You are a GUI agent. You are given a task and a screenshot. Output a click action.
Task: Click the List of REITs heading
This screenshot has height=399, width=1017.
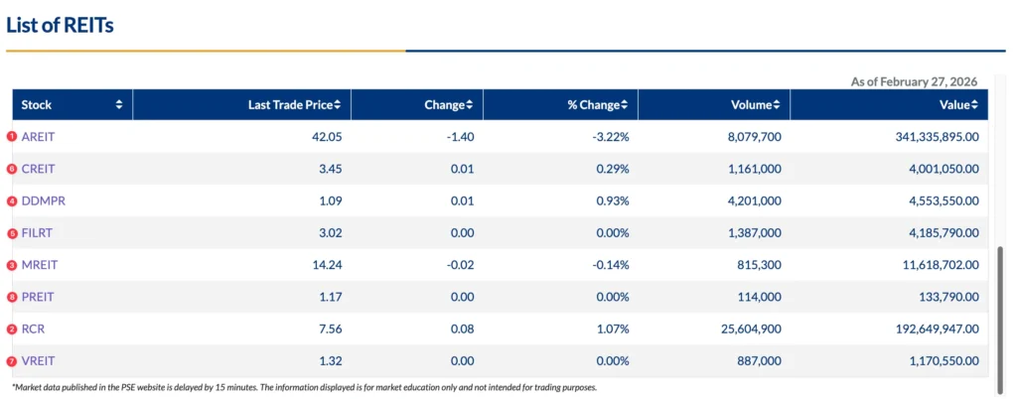tap(60, 26)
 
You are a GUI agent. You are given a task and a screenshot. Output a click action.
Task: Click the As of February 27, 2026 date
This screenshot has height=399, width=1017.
tap(914, 81)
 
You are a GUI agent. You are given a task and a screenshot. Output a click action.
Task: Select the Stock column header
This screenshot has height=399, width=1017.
tap(37, 105)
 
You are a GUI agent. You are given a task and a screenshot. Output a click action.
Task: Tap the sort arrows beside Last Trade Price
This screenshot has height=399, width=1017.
tap(338, 105)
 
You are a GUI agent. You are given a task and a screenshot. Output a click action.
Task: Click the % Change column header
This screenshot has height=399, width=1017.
tap(593, 105)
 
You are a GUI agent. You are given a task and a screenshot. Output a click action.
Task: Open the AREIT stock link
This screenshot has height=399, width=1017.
tap(39, 137)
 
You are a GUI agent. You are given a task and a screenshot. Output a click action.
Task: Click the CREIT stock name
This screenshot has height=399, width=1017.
tap(38, 169)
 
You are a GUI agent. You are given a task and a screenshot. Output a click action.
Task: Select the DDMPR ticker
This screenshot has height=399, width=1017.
tap(43, 200)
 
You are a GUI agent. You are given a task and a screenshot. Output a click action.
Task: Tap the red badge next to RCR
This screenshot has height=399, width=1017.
tap(12, 329)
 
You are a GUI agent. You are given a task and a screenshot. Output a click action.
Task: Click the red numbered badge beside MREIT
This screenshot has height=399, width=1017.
tap(12, 265)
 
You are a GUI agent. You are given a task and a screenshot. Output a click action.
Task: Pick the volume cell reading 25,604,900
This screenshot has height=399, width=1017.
tap(746, 329)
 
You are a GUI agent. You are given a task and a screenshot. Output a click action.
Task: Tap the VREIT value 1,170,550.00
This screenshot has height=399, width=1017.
tap(936, 360)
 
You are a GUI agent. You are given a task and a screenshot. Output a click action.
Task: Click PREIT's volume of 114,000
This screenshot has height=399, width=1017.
tap(758, 297)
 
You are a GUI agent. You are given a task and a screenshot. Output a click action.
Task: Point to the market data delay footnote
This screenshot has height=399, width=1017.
tap(304, 387)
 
